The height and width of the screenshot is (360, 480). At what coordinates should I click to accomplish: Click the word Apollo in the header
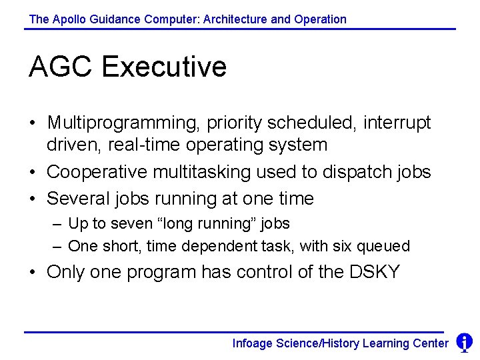pyautogui.click(x=67, y=19)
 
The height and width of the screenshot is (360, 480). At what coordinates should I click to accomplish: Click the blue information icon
pyautogui.click(x=464, y=343)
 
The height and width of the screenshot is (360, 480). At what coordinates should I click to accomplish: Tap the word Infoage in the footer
pyautogui.click(x=253, y=343)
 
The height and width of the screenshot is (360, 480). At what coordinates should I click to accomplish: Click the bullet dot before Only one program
pyautogui.click(x=32, y=272)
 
